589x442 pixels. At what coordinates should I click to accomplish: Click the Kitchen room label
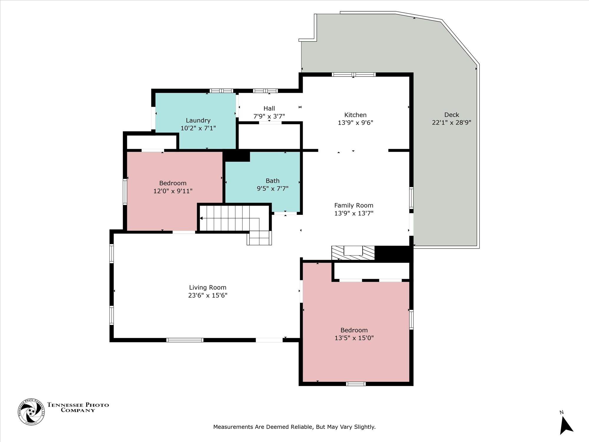[x=355, y=115]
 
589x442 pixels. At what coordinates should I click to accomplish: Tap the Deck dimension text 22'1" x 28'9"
[x=451, y=123]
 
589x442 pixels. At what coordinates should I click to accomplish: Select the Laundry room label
[x=198, y=121]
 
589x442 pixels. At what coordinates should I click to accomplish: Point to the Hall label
[x=269, y=108]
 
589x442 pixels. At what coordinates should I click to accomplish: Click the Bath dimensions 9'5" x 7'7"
[x=273, y=189]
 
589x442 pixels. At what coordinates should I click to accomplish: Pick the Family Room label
[x=354, y=205]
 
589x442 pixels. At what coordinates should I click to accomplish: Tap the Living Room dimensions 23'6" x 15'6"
[x=208, y=295]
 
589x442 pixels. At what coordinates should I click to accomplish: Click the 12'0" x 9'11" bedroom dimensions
[x=173, y=191]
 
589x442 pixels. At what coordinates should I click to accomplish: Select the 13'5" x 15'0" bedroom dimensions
[x=354, y=338]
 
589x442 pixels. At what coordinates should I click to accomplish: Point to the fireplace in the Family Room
[x=353, y=253]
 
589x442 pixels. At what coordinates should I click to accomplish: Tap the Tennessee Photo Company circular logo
[x=31, y=412]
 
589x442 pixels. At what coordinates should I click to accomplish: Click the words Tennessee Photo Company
[x=78, y=408]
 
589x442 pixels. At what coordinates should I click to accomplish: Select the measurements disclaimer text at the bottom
[x=294, y=427]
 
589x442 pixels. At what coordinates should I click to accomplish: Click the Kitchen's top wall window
[x=354, y=75]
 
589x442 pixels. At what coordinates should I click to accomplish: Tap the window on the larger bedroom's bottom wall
[x=356, y=384]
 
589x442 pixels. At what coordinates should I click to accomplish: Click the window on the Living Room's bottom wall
[x=185, y=340]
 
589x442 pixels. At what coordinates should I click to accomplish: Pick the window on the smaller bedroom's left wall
[x=125, y=192]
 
